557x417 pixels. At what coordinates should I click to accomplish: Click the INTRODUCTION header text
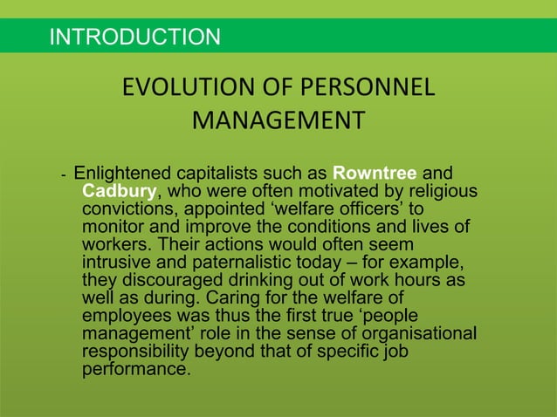click(135, 37)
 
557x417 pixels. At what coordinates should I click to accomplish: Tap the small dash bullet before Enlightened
click(63, 174)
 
